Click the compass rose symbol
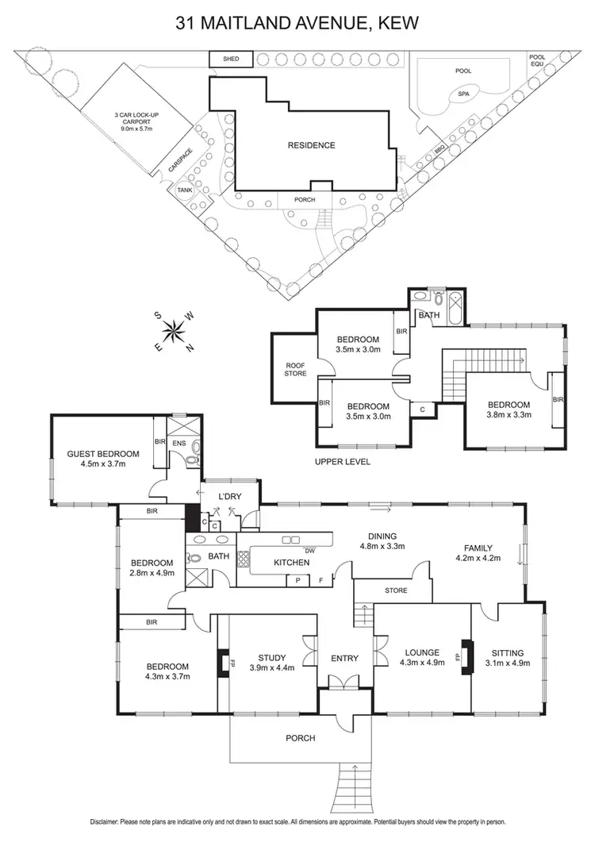click(174, 331)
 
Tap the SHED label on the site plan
click(229, 60)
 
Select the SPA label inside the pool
click(463, 93)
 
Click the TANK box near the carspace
click(184, 190)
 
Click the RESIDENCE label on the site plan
click(311, 145)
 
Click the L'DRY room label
click(229, 497)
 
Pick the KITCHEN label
click(292, 563)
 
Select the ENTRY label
click(345, 658)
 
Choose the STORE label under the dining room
click(395, 590)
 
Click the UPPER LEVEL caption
click(343, 461)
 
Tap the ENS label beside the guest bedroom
click(181, 443)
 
